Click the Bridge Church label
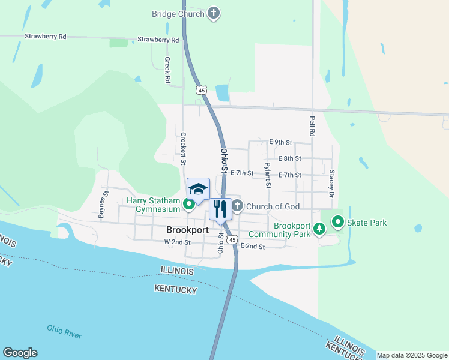click(178, 13)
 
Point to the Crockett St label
click(184, 149)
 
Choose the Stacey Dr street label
click(331, 184)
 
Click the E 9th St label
click(281, 143)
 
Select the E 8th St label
click(289, 158)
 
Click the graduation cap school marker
click(198, 189)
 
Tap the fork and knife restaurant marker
click(220, 209)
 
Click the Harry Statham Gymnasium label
click(153, 205)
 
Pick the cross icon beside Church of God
click(238, 206)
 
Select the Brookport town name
click(187, 230)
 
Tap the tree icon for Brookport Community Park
click(319, 229)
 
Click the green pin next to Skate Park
click(337, 223)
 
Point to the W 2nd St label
click(177, 242)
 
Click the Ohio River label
click(65, 331)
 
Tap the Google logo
click(20, 353)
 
